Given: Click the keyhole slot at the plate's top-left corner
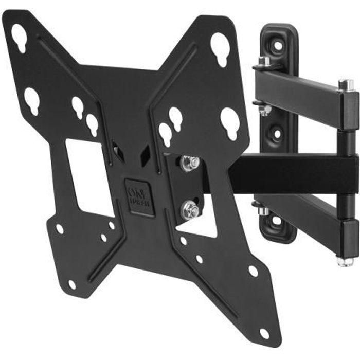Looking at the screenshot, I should pos(19,37).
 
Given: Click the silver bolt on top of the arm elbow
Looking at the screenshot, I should pos(346,85).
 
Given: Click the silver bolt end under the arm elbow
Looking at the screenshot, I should pos(345,260).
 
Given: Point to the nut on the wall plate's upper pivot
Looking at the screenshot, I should pos(264,62).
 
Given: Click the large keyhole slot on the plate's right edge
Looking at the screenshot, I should pos(229,122).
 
